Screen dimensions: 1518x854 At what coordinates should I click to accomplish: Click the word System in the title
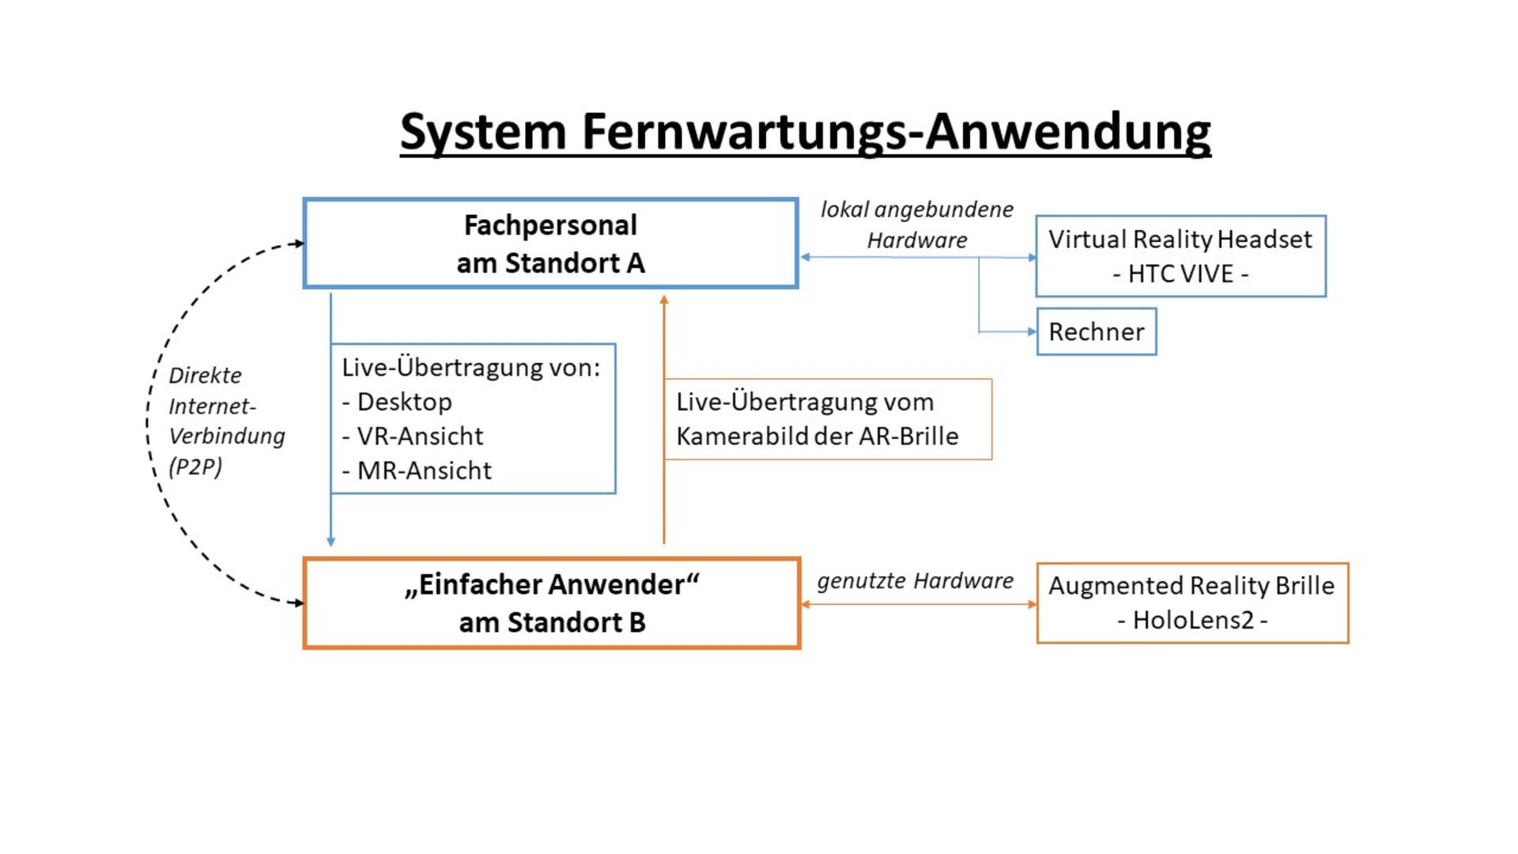click(483, 132)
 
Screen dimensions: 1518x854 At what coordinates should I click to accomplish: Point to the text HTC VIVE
click(1180, 274)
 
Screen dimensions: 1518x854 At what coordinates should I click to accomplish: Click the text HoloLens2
click(1193, 620)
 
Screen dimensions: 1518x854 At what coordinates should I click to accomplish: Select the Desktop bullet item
click(397, 402)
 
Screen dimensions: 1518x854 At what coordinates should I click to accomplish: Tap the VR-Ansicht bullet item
click(413, 436)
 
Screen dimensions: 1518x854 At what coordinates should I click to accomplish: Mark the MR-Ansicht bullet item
click(417, 470)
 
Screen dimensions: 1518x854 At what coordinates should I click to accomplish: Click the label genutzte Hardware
click(915, 581)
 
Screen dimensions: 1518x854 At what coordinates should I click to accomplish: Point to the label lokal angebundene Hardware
click(917, 225)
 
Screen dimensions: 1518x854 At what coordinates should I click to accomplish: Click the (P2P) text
click(195, 467)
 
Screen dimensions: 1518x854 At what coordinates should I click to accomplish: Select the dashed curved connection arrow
click(148, 423)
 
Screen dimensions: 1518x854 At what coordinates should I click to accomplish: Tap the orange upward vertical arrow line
click(664, 419)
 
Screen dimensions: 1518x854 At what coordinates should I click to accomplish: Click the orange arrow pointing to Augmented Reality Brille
click(919, 604)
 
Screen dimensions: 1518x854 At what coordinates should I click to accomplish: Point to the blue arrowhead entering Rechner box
click(1032, 331)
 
